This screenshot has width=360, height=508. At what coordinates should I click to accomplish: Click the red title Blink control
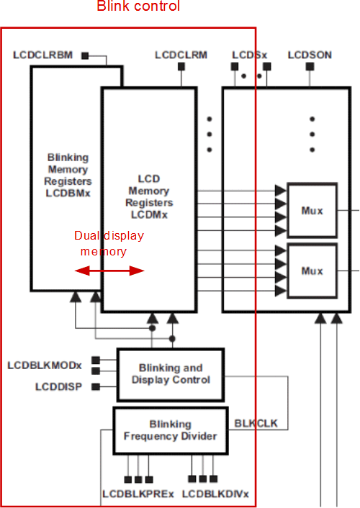(x=138, y=7)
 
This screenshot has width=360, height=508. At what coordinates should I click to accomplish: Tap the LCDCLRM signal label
(x=181, y=55)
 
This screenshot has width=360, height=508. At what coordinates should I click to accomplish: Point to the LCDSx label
(x=250, y=55)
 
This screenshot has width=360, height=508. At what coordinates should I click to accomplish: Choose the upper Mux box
(x=312, y=211)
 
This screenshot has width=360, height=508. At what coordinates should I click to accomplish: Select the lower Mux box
(x=312, y=271)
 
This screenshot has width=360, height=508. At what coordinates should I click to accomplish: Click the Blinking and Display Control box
(x=171, y=374)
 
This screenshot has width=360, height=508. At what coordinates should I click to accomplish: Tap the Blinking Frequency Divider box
(x=171, y=430)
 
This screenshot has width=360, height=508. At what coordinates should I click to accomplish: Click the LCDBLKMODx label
(x=45, y=366)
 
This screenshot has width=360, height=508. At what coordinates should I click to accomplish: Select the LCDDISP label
(x=58, y=387)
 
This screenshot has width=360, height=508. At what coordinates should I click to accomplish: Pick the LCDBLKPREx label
(x=138, y=494)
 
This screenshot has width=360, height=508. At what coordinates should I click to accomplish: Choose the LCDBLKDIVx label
(x=215, y=494)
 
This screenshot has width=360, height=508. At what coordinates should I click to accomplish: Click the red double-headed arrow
(x=110, y=271)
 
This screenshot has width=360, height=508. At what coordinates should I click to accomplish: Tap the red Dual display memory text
(x=109, y=243)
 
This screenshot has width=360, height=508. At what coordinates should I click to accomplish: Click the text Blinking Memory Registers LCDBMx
(x=68, y=175)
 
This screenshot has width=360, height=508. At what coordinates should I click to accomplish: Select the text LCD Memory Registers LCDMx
(x=148, y=196)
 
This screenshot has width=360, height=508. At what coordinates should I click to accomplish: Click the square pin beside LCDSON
(x=309, y=67)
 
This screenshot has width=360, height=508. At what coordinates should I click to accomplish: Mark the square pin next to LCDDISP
(x=105, y=387)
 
